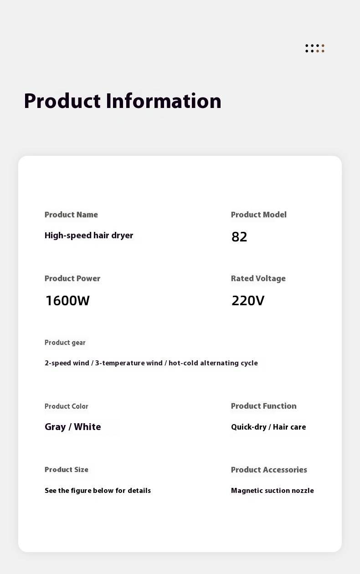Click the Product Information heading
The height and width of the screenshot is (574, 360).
point(122,101)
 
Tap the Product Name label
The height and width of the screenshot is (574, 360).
point(71,215)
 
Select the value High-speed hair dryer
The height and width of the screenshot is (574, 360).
point(89,236)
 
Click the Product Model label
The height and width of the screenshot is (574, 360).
point(258,215)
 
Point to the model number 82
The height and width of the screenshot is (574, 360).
point(239,237)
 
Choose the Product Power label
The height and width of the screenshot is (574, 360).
point(72,278)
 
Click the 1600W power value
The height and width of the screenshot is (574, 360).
point(67,301)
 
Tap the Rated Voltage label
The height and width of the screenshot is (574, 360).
point(258,278)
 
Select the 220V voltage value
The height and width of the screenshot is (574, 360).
point(248,301)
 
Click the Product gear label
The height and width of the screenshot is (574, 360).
point(65,343)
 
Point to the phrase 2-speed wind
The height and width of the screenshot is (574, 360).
point(67,363)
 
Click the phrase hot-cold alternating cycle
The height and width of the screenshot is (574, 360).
point(213,363)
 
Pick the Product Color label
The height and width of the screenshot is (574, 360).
point(66,406)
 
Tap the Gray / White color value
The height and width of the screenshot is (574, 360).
point(73,427)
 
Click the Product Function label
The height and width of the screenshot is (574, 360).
point(263,406)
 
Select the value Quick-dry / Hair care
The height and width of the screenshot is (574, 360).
point(268,427)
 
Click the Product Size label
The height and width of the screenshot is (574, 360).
point(66,470)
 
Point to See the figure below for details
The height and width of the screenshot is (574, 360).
point(98,491)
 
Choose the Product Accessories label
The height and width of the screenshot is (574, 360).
point(269,470)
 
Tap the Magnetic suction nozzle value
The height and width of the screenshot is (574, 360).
point(272,491)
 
